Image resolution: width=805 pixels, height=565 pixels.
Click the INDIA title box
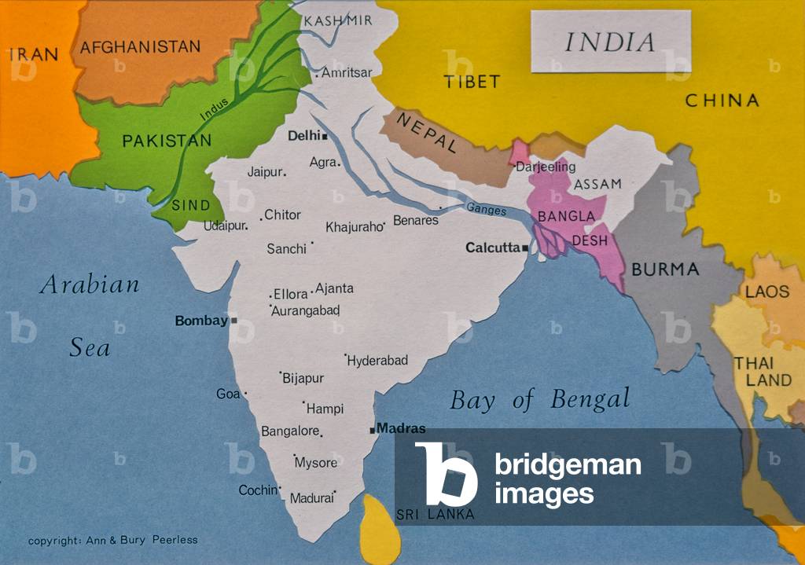[x=610, y=42]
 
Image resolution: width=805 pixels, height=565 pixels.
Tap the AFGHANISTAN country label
[x=140, y=47]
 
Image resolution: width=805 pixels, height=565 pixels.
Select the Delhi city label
[x=303, y=136]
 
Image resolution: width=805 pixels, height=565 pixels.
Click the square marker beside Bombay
[x=233, y=321]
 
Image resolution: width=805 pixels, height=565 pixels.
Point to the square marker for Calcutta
[x=525, y=248]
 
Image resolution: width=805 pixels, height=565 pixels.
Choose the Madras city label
[x=401, y=429]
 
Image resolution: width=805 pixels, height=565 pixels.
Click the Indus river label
[x=215, y=108]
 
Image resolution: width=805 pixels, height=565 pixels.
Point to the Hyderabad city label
[x=378, y=361]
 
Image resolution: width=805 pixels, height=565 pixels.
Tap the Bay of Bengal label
[x=539, y=399]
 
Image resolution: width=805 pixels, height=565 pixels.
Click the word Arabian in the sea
[x=90, y=284]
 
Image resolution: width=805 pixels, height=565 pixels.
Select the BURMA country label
[x=665, y=270]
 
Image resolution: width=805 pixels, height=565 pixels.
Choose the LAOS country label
[x=767, y=292]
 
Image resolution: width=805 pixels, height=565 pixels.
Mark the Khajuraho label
[x=353, y=227]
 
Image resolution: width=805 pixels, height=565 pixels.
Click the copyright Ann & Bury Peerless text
[x=113, y=541]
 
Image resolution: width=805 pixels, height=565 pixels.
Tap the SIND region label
[x=191, y=205]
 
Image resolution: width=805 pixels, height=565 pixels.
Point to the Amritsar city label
[x=347, y=73]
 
